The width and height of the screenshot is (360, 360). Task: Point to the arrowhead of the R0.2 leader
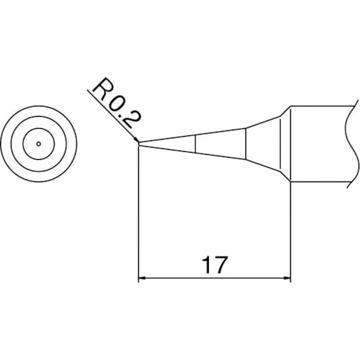(x=135, y=140)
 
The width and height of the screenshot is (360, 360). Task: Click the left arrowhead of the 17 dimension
(x=141, y=277)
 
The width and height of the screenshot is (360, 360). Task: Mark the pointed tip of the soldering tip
(x=138, y=144)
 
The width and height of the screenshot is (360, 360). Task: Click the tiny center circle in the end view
(x=37, y=144)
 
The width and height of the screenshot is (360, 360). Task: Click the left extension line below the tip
(x=138, y=216)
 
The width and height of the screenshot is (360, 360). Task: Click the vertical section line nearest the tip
(x=197, y=144)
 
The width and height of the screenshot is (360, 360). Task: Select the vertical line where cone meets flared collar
(x=247, y=144)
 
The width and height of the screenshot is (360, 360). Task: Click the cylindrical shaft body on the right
(x=320, y=144)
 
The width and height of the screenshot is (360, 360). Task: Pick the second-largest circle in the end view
(x=37, y=123)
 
